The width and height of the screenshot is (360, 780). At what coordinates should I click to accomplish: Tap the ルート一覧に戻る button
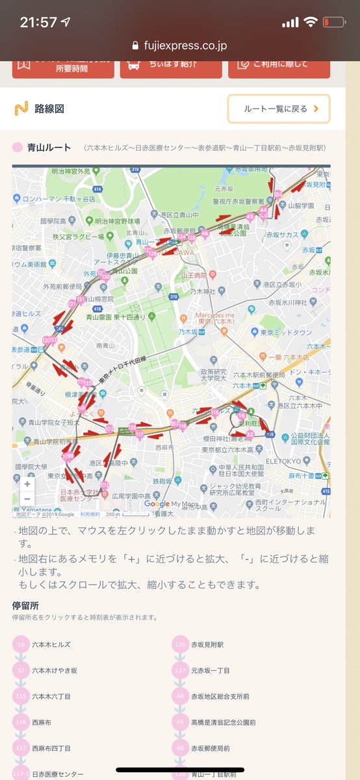pos(278,109)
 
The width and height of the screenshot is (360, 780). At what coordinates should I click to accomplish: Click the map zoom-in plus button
pos(27,484)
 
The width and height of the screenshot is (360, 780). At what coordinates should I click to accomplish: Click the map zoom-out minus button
pos(27,499)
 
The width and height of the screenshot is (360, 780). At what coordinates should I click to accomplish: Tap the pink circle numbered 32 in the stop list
pos(21,670)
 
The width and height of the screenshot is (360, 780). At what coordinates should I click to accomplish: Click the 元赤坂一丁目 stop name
pos(210,670)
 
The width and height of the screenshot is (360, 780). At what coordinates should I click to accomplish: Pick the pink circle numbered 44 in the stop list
pos(180,696)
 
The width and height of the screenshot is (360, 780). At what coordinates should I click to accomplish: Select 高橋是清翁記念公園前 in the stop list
pos(224,722)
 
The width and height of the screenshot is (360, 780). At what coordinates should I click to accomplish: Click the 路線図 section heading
pos(49,109)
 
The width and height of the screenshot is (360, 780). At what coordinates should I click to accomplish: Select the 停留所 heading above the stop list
pos(25,605)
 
